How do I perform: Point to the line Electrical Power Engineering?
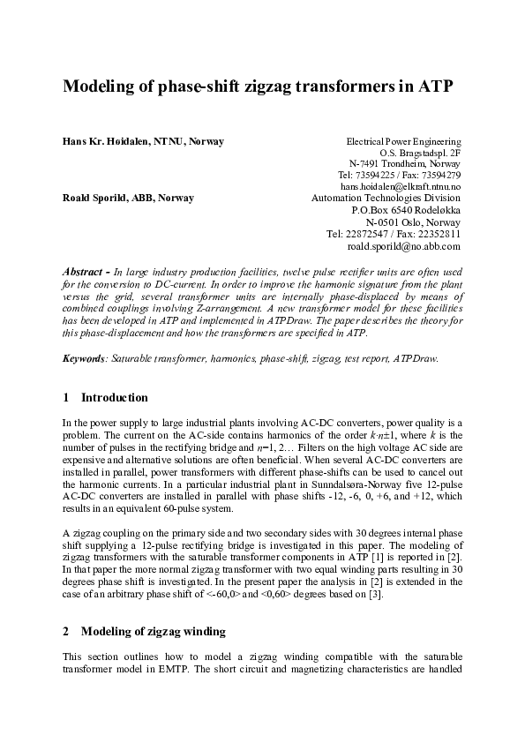point(403,141)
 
